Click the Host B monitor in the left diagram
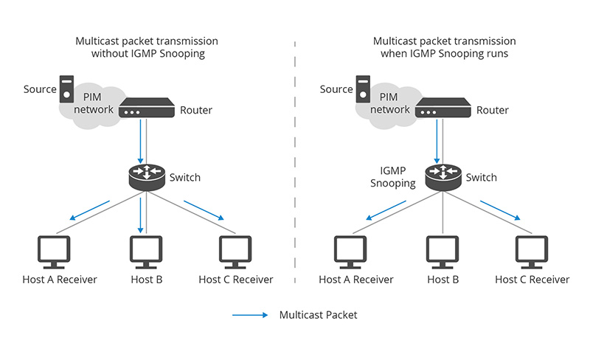click(147, 252)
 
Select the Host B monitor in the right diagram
click(443, 252)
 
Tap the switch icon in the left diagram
click(146, 176)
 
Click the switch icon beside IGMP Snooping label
click(442, 176)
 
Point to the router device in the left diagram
click(146, 111)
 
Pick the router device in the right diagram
click(442, 111)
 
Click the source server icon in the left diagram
click(67, 89)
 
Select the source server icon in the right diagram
click(364, 89)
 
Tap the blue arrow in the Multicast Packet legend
click(250, 315)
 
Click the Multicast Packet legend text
click(318, 315)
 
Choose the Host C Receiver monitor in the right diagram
click(532, 252)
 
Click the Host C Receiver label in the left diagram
click(236, 280)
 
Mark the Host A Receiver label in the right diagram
click(356, 280)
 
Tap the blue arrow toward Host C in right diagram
click(502, 210)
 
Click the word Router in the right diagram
click(493, 111)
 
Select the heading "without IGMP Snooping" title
click(147, 54)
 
